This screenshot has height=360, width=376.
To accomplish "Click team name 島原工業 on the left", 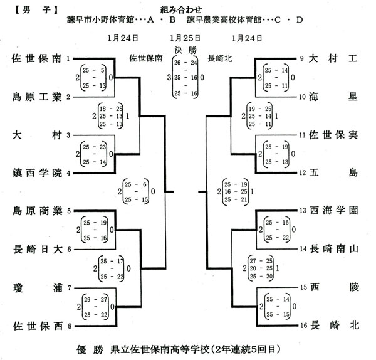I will [34, 97].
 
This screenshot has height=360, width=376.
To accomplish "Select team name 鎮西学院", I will [34, 172].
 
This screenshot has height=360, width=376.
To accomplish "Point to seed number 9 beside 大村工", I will [302, 59].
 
